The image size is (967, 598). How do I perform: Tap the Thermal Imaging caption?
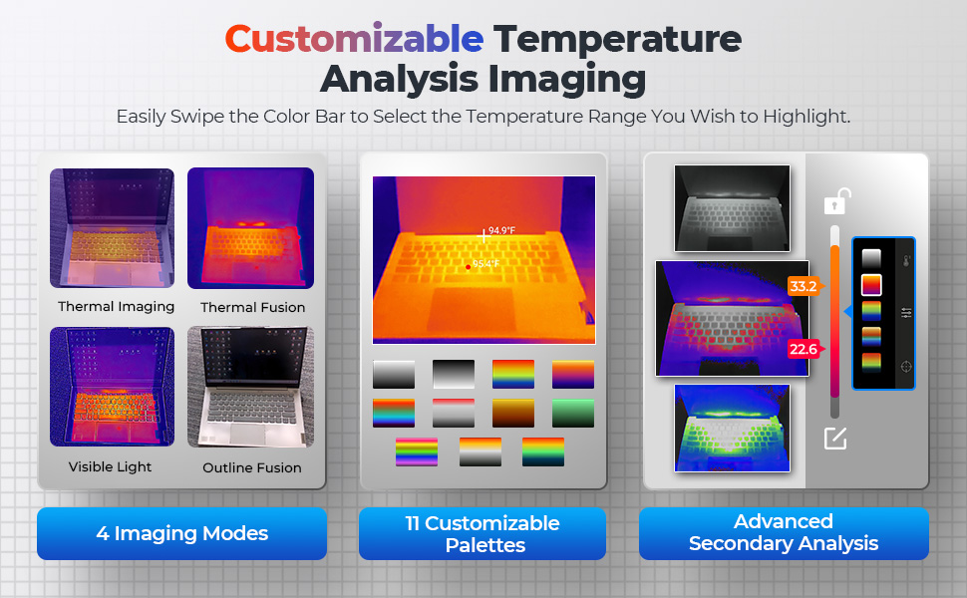(x=116, y=306)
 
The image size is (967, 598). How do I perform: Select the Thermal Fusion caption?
(x=253, y=307)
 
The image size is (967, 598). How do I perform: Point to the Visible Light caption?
(x=110, y=466)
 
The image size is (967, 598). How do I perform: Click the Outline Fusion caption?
(x=252, y=467)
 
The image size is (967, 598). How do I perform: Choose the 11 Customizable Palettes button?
(x=483, y=534)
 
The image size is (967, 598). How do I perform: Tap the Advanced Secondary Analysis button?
(x=784, y=533)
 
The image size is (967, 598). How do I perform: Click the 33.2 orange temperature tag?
(x=804, y=286)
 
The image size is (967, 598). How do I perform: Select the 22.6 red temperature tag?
(x=804, y=349)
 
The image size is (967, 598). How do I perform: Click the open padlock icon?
(x=837, y=201)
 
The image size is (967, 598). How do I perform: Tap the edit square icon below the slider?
(x=835, y=439)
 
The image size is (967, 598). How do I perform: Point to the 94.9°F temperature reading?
(x=501, y=230)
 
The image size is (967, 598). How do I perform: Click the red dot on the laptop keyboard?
(x=469, y=267)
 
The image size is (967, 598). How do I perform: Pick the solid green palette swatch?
(x=573, y=413)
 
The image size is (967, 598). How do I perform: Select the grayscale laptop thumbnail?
(x=732, y=207)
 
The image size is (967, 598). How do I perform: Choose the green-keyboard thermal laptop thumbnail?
(x=732, y=428)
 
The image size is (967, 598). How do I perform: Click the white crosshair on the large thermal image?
(x=483, y=235)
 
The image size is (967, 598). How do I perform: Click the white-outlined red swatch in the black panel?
(x=871, y=285)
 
